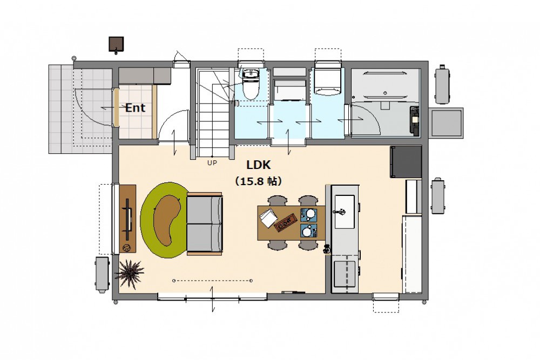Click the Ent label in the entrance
135,108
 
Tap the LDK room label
259,165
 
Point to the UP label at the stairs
212,163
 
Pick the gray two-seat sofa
205,223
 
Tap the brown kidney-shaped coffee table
168,220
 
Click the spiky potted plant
130,273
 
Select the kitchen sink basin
345,212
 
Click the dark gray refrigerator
406,162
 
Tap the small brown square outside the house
117,45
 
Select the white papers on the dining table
268,218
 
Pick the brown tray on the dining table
286,223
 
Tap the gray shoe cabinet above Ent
145,76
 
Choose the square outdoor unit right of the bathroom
447,123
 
